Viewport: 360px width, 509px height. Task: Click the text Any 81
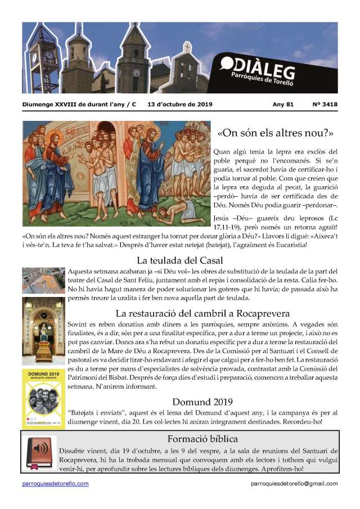(282, 104)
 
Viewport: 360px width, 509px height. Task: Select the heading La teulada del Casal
(180, 260)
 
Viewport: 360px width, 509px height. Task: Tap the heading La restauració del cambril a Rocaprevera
(202, 313)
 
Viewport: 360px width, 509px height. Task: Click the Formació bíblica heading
(202, 439)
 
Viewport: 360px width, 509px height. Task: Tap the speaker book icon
(41, 453)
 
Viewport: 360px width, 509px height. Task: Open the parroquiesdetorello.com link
(55, 484)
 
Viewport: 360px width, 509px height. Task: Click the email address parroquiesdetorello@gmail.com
(294, 484)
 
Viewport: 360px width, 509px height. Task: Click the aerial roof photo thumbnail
(43, 281)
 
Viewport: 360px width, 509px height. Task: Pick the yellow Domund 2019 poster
(43, 398)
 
